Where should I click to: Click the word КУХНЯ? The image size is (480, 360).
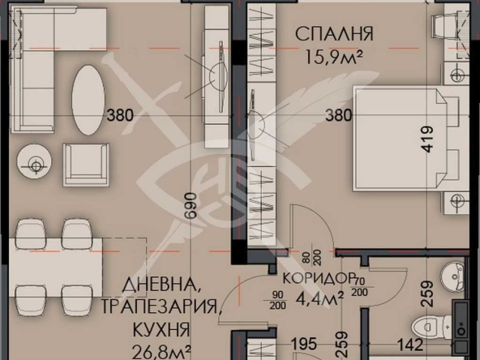(x=164, y=331)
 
